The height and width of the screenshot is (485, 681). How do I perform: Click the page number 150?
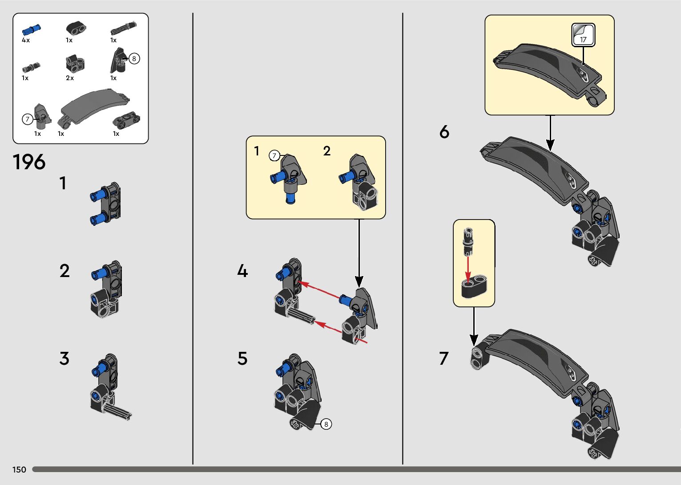point(19,469)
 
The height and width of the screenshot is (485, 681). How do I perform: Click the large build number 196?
point(29,162)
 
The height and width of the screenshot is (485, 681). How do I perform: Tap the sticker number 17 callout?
point(583,35)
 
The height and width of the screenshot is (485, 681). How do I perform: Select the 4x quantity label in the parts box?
point(26,40)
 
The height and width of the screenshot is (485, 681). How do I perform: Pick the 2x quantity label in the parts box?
point(70,78)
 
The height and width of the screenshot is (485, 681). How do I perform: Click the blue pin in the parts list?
point(31,29)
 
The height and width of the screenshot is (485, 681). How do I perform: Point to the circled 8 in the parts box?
point(134,58)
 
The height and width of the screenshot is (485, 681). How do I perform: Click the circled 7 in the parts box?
point(28,119)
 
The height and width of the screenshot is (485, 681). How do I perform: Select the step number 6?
point(444,132)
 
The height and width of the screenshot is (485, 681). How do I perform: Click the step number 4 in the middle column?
point(242,271)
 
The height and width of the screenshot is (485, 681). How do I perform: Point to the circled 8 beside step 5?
point(326,424)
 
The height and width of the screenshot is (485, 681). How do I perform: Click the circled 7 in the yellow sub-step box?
point(274,156)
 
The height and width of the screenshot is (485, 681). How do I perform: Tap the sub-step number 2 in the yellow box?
point(327,151)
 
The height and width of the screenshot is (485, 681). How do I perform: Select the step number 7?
point(444,358)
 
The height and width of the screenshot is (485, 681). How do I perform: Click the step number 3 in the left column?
point(64,358)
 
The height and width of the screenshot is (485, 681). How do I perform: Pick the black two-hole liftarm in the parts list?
point(76,29)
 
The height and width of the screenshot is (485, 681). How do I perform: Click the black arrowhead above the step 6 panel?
point(550,144)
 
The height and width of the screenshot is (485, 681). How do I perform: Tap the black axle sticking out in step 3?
point(118,412)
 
